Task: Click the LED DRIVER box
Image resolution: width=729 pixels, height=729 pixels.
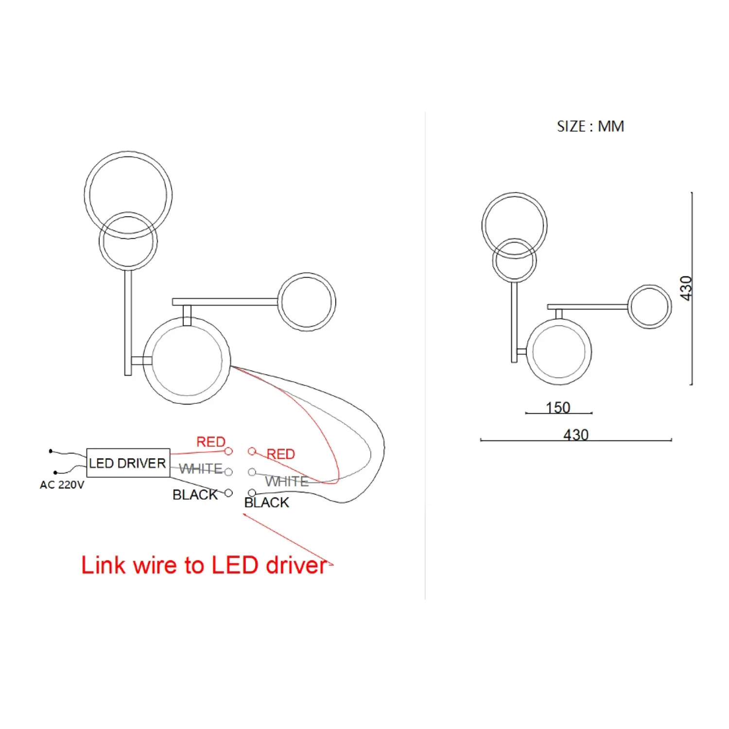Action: pos(128,463)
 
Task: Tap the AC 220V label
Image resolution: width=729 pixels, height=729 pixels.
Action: pos(62,485)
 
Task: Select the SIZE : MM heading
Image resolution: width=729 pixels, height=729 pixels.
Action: pos(590,126)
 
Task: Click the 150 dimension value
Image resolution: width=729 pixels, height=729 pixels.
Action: pos(558,407)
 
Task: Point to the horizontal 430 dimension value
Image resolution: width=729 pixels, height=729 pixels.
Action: pos(576,434)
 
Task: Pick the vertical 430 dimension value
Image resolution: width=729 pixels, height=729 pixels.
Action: pos(686,288)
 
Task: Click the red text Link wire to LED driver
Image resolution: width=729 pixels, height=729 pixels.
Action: pos(204,565)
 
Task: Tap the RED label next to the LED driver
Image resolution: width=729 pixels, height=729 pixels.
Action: pos(211,442)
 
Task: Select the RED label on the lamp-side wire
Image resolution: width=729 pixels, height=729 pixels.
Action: pos(281,454)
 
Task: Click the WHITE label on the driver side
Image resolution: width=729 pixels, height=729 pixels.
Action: pos(201,469)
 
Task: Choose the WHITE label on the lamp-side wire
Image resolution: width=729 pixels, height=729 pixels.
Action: pos(287,481)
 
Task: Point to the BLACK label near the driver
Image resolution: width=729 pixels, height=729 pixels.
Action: pos(195,494)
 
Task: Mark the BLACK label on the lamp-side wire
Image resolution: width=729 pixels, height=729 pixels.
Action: pos(267,503)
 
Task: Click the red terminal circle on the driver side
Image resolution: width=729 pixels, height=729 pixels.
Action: pos(228,451)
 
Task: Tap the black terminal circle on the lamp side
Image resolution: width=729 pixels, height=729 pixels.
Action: pos(252,493)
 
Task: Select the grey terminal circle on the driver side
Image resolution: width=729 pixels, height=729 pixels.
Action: pos(228,472)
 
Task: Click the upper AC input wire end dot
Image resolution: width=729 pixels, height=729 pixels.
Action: pos(51,451)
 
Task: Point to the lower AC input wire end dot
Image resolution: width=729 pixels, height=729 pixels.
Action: pos(55,472)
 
